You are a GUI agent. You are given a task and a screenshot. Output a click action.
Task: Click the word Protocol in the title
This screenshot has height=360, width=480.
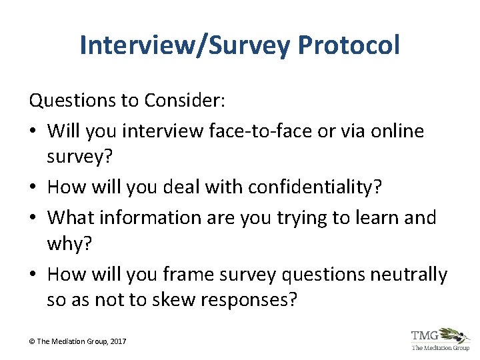point(349,46)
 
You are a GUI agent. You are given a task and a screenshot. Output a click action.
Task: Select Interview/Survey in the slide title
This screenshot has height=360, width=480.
point(185,46)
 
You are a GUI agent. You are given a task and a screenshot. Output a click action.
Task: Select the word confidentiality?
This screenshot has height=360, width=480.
point(315,187)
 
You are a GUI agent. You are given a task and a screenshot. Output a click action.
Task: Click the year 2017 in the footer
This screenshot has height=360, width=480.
point(116,341)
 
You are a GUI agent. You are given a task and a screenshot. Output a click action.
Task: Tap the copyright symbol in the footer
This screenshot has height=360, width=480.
point(32,341)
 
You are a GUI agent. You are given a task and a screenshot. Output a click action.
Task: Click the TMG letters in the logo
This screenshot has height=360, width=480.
point(425,335)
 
